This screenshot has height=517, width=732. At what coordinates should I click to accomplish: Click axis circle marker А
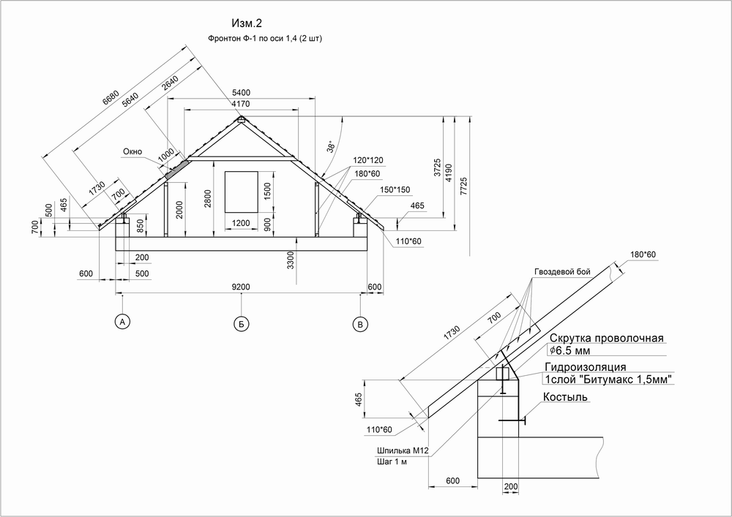122,322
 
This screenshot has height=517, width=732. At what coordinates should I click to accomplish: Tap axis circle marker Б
241,325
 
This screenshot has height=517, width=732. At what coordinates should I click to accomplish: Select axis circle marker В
360,325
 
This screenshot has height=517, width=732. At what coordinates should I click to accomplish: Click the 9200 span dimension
241,287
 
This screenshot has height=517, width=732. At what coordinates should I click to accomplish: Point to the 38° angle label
331,146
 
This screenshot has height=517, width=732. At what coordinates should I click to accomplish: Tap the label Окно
132,151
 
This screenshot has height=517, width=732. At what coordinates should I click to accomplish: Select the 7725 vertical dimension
463,186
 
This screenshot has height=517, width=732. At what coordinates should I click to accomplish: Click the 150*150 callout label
395,189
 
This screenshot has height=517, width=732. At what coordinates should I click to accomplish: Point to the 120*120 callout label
368,160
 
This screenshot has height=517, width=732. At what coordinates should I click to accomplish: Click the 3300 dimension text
291,260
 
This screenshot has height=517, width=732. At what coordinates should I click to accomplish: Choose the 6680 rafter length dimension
111,99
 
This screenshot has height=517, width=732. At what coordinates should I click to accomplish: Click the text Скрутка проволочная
606,338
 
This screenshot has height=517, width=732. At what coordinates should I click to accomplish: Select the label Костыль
565,397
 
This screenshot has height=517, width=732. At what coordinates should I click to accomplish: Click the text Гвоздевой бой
562,272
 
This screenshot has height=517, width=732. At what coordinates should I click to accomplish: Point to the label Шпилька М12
403,450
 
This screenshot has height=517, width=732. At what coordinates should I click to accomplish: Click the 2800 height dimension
208,199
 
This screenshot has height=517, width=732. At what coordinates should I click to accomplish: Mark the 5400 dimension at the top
241,93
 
